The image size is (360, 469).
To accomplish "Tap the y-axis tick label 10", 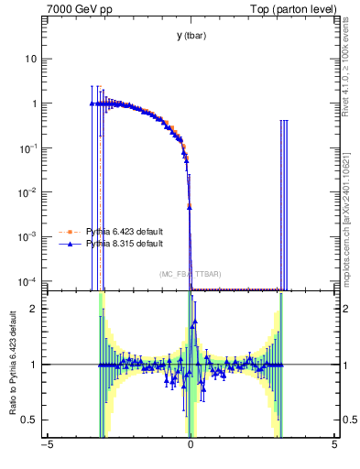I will click(31, 59).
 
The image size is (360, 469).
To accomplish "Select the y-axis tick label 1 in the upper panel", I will click(35, 104).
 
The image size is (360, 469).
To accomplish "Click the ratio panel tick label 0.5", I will click(30, 420).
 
